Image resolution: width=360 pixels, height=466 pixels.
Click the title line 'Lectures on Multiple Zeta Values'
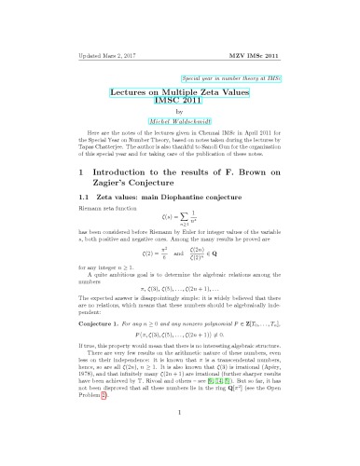coord(181,96)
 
